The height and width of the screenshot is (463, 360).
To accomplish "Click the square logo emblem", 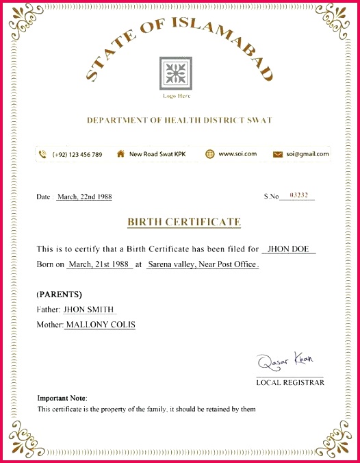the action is [176, 73].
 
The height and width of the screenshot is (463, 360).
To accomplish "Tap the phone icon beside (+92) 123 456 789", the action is [42, 154].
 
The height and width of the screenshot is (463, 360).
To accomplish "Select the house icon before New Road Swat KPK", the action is [120, 154].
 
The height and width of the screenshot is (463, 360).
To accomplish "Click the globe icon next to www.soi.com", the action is [209, 154].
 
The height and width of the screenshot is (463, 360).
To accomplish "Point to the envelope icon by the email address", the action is [278, 154].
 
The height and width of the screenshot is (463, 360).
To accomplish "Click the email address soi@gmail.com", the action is [307, 154].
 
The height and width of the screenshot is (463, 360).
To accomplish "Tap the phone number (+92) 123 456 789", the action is [77, 154].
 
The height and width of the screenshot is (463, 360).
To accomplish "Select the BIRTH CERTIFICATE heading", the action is [183, 222].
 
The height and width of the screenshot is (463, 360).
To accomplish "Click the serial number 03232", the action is [300, 196].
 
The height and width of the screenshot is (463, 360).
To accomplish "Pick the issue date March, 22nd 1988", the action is [84, 197].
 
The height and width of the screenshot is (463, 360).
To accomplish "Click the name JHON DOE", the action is [288, 249].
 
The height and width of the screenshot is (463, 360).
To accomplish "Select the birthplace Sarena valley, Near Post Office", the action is [203, 264].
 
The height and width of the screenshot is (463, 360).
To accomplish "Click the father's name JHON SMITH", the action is [89, 310].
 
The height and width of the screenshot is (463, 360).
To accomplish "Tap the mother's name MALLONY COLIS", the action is [100, 325].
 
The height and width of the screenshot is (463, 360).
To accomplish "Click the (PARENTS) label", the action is [59, 295].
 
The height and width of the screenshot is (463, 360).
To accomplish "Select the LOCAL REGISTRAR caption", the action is [290, 382].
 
